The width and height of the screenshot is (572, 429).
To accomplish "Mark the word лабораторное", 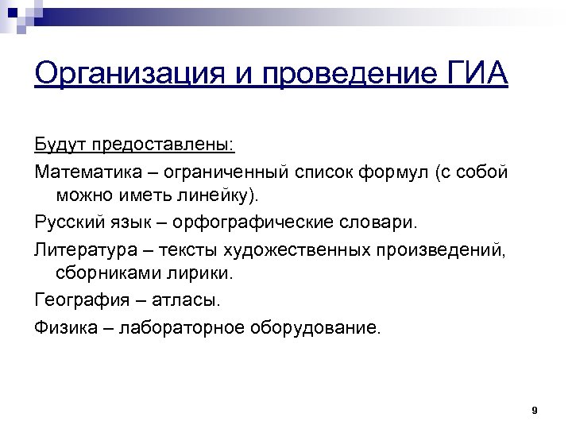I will pyautogui.click(x=180, y=327).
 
